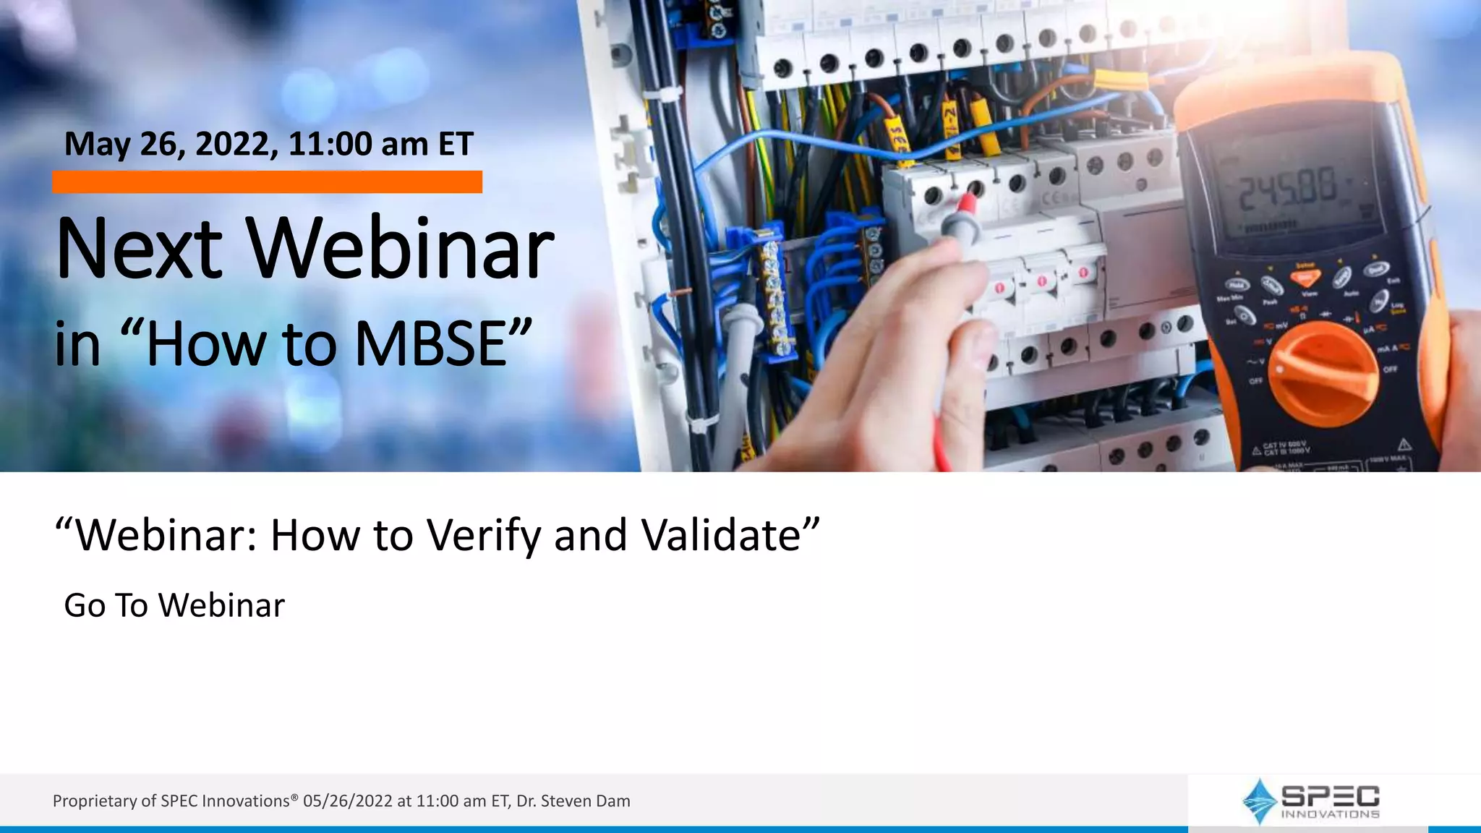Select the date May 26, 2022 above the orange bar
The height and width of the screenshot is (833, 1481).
[171, 144]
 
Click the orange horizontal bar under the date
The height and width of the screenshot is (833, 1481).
[267, 182]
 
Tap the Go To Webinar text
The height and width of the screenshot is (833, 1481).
[174, 605]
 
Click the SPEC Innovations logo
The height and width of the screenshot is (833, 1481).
[1310, 801]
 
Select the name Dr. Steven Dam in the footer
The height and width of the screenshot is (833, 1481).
[573, 801]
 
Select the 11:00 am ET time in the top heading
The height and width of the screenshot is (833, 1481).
[380, 144]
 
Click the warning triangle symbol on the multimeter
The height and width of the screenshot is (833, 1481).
[1404, 443]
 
